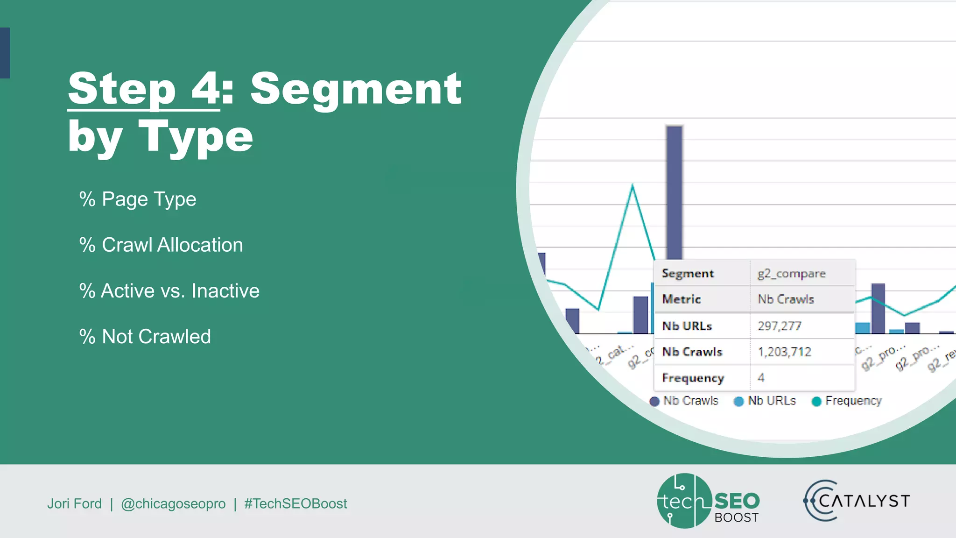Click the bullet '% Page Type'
tap(138, 199)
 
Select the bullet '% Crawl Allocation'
tap(161, 245)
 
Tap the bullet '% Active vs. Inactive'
tap(169, 291)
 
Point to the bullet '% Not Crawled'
tap(145, 337)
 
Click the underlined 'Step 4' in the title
tap(143, 89)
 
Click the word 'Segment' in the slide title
tap(356, 89)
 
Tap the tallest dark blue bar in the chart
tap(675, 191)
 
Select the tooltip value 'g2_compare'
tap(791, 274)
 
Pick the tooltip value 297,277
tap(780, 326)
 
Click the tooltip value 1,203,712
tap(785, 352)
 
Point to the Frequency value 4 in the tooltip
tap(761, 378)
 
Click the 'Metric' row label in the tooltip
tap(682, 299)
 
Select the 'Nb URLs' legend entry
tap(765, 401)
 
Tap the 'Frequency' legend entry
tap(847, 401)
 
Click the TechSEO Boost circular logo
tap(684, 501)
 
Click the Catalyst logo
tap(857, 501)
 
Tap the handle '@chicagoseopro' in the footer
tap(173, 504)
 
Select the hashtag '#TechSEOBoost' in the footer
tap(295, 504)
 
